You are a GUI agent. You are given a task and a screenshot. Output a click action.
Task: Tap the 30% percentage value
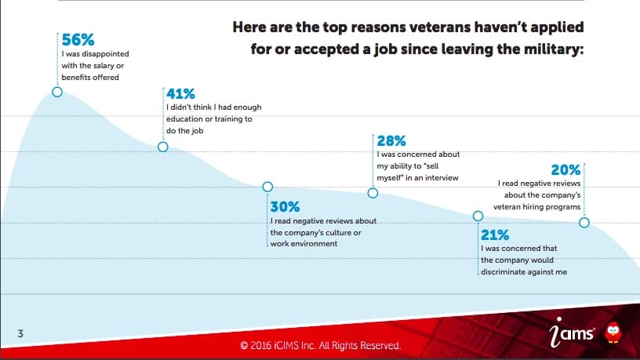[285, 208]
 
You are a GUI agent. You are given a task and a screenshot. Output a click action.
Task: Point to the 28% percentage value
[391, 141]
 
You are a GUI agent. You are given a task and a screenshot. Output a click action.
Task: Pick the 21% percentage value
[495, 235]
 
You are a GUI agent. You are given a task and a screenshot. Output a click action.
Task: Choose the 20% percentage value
[565, 169]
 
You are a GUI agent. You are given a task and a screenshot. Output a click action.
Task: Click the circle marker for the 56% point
[57, 91]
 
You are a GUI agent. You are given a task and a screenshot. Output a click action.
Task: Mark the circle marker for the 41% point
[163, 147]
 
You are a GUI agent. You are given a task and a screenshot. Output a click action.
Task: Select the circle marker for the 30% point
[267, 187]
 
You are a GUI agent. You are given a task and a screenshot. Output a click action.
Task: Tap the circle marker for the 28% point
[373, 193]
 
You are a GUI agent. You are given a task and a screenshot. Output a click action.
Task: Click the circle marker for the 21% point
[478, 216]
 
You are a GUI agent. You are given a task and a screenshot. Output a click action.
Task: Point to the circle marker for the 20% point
[584, 223]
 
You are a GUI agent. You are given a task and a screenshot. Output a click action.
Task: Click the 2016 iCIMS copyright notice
[320, 345]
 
